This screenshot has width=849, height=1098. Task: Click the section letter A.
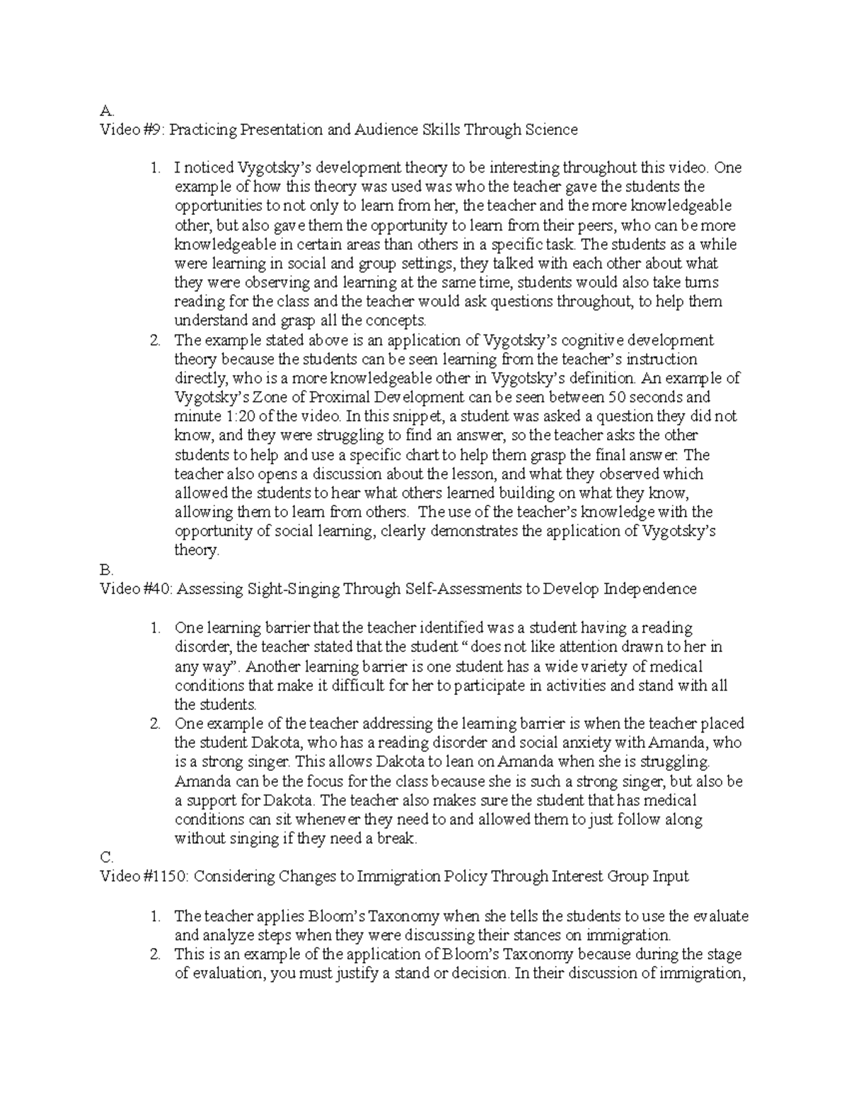[106, 111]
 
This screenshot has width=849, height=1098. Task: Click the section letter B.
[106, 570]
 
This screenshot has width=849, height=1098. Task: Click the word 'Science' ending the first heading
[550, 130]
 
